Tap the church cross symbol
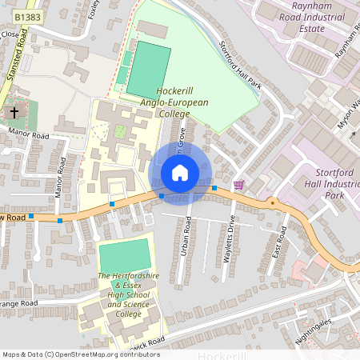(14, 114)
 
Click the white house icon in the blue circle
(180, 172)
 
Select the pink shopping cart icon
(238, 185)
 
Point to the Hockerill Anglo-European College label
(174, 102)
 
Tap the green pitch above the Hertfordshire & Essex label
(124, 254)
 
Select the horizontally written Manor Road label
(28, 137)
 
